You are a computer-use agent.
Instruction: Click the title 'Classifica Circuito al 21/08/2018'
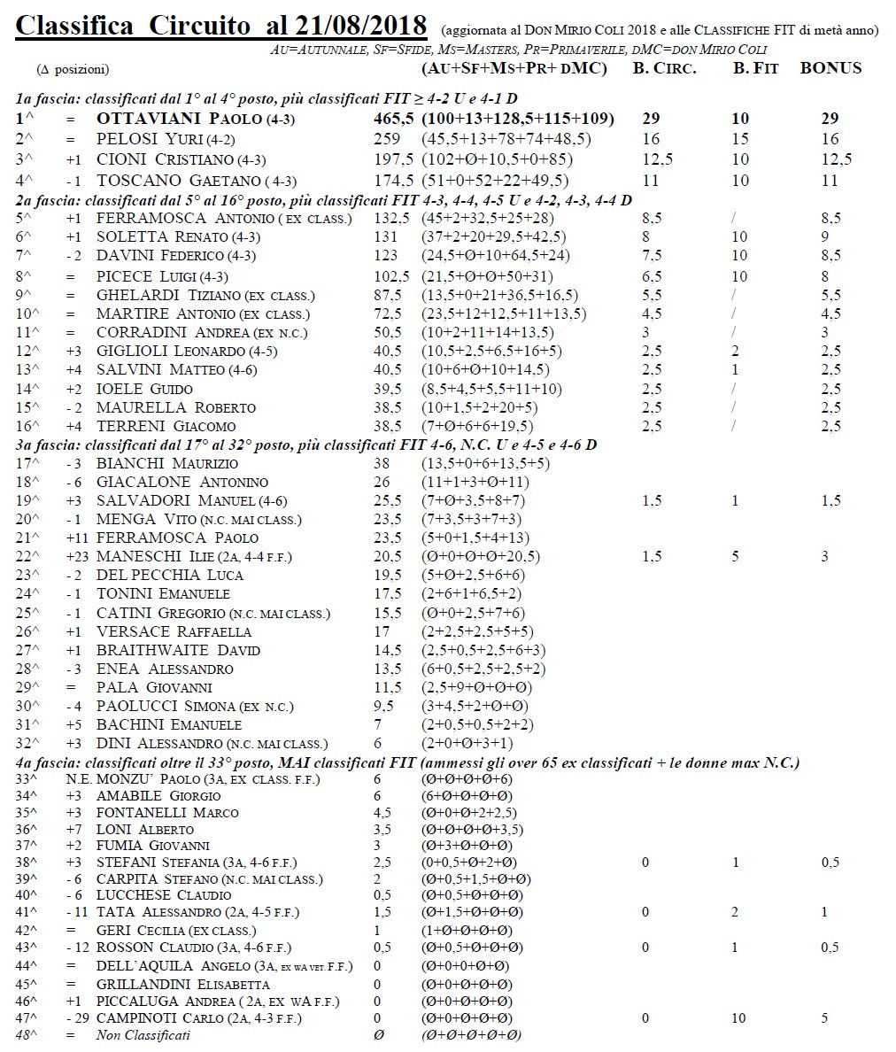pyautogui.click(x=220, y=26)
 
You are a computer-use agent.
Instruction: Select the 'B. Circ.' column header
pyautogui.click(x=664, y=68)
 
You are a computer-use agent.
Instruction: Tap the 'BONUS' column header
pyautogui.click(x=830, y=68)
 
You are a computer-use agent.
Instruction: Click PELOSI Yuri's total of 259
pyautogui.click(x=387, y=139)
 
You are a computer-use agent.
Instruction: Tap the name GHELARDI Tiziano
pyautogui.click(x=167, y=296)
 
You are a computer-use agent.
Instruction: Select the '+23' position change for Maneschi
pyautogui.click(x=78, y=557)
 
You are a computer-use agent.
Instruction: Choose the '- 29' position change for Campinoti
pyautogui.click(x=78, y=1018)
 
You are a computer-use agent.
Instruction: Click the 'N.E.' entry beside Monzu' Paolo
pyautogui.click(x=78, y=780)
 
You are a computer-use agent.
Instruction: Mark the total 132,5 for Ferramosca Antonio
pyautogui.click(x=391, y=219)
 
